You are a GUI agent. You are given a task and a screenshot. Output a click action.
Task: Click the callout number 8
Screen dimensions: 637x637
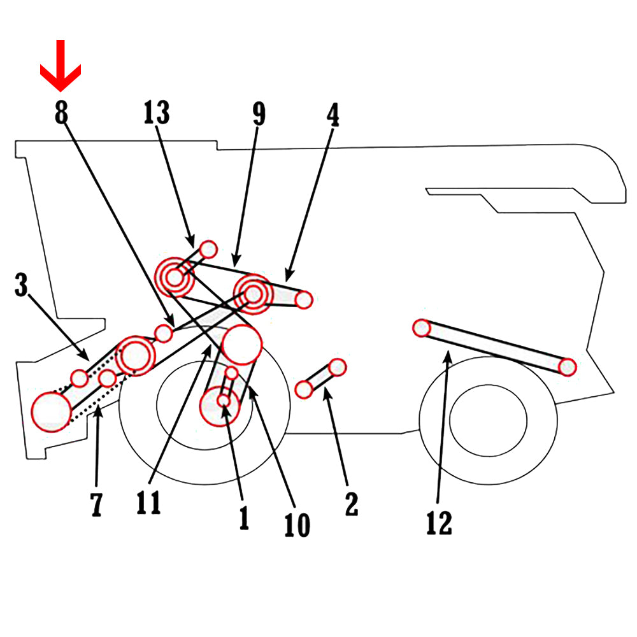(61, 113)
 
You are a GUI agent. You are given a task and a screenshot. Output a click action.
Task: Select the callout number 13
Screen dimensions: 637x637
(157, 113)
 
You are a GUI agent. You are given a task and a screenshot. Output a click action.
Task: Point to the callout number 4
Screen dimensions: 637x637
(333, 115)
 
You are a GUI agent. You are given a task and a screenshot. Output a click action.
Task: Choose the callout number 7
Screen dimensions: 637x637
(96, 504)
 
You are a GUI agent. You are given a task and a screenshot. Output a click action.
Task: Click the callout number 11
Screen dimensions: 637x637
(148, 502)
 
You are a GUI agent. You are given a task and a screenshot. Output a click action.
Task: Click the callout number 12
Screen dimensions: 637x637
(439, 523)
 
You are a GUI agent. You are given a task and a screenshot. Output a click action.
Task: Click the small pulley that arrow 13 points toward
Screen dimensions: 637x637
(208, 248)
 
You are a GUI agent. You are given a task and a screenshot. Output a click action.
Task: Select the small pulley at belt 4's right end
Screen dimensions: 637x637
(304, 299)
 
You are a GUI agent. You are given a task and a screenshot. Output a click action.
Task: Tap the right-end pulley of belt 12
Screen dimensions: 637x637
(568, 367)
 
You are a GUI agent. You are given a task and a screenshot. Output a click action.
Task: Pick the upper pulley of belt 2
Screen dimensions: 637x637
(338, 367)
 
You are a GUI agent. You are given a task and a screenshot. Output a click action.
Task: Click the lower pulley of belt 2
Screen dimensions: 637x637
(304, 389)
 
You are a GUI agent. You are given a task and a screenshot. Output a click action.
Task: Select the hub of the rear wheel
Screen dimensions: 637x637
(488, 419)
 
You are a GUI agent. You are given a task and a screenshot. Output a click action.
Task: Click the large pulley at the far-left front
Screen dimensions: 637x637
(51, 411)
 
